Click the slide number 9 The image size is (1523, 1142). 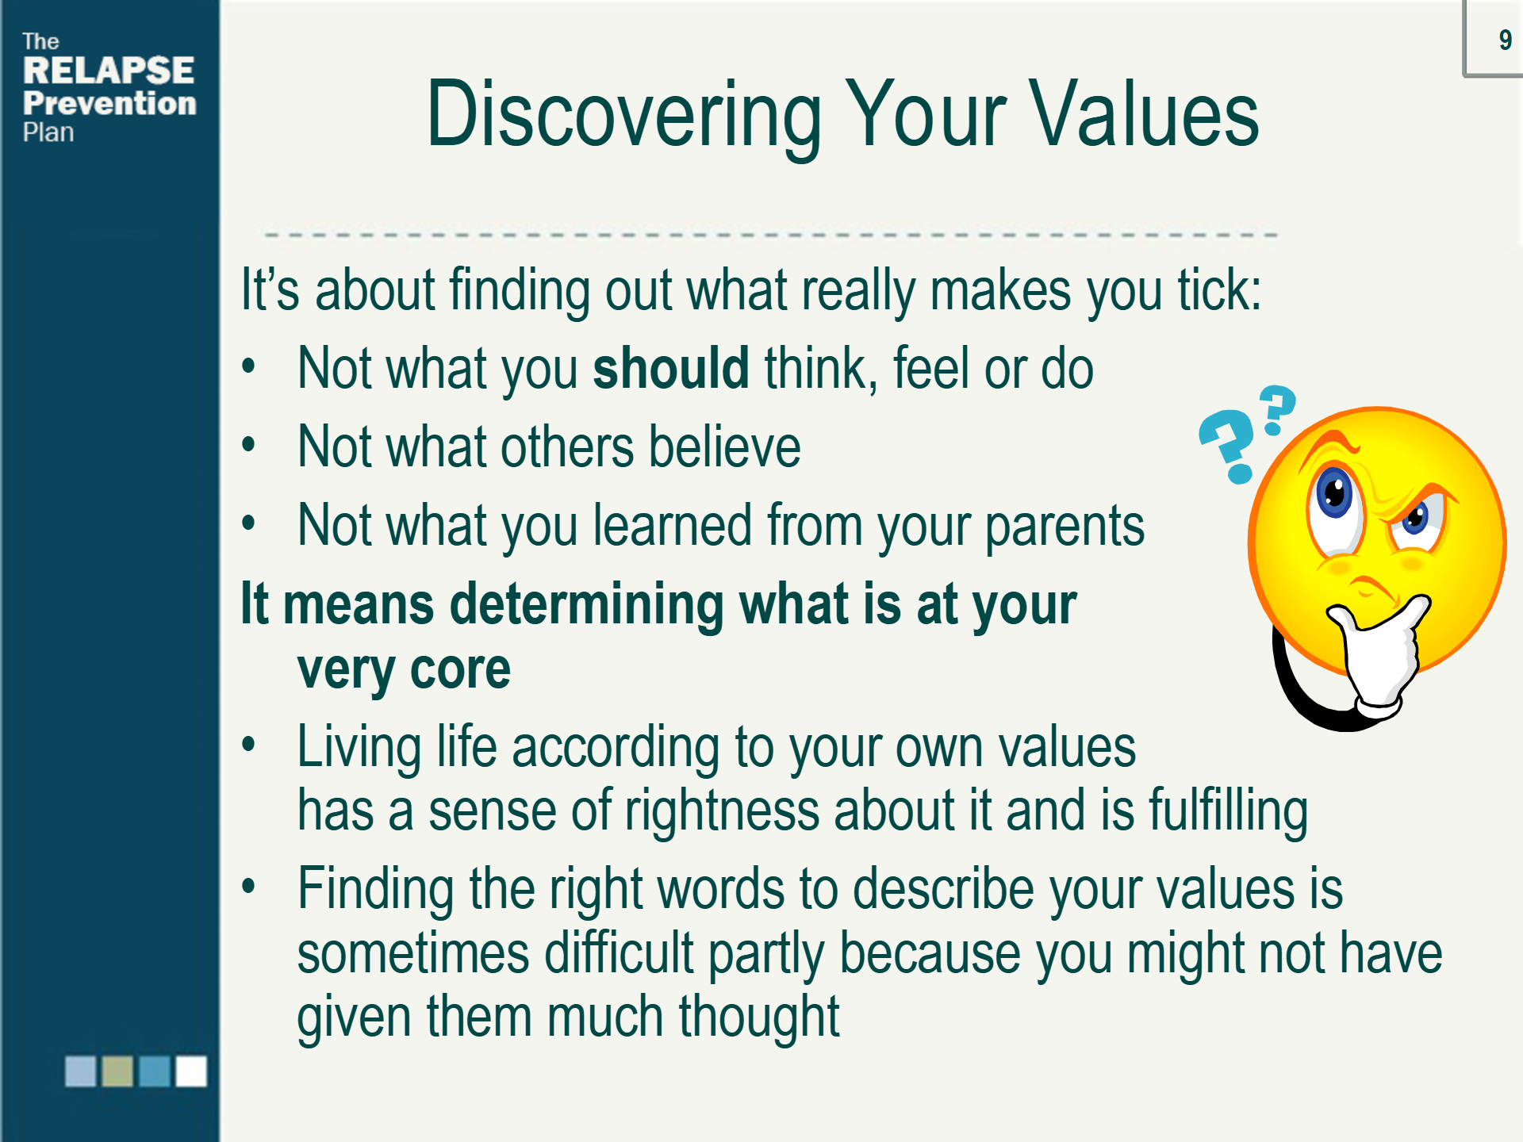pos(1505,40)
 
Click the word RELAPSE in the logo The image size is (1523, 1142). pos(109,71)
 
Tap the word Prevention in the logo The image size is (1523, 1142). pos(109,103)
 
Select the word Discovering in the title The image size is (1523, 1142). pos(623,116)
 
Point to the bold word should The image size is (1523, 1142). pos(670,368)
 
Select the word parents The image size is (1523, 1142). pos(1065,527)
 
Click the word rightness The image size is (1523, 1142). pos(722,811)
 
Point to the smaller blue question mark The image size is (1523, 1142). pos(1277,409)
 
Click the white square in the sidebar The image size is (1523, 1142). pos(191,1071)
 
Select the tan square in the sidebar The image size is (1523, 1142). pos(117,1071)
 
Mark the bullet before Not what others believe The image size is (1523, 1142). pos(249,445)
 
